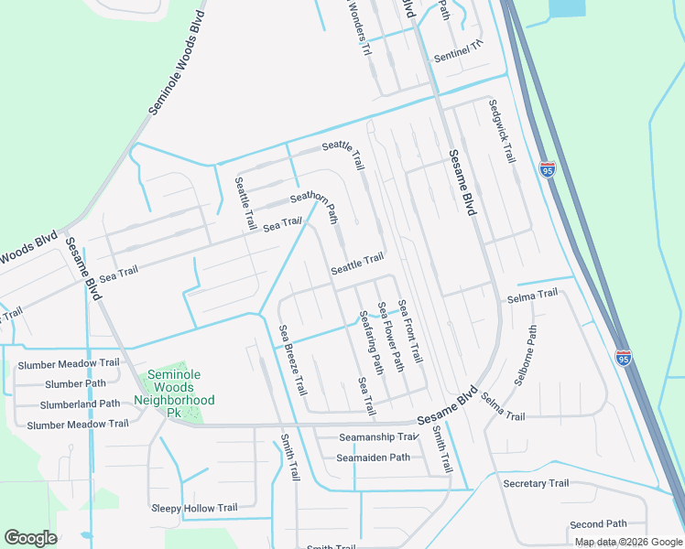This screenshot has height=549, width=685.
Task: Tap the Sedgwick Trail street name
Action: pos(502,131)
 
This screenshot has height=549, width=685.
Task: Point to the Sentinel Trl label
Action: pos(458,52)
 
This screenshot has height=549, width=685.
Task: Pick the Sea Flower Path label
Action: pos(391,336)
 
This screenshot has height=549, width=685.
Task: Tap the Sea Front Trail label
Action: pos(410,329)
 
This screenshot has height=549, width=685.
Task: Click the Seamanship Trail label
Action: pos(378,437)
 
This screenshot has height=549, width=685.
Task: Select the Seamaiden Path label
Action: pos(374,457)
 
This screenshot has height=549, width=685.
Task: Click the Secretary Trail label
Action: pos(536,483)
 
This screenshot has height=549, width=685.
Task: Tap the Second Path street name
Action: pos(598,524)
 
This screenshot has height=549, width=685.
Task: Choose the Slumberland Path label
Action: pos(80,404)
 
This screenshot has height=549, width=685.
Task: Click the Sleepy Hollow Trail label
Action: pos(193,508)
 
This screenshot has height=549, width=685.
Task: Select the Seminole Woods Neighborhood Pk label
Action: pos(174,388)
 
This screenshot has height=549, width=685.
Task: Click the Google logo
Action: pos(31,538)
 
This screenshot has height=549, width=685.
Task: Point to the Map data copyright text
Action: pos(627,542)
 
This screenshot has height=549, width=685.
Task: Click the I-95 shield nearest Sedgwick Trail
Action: pos(548,170)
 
